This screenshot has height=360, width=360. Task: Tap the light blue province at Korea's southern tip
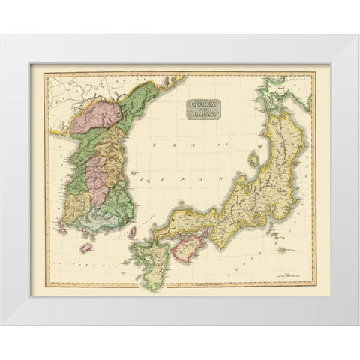101,217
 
